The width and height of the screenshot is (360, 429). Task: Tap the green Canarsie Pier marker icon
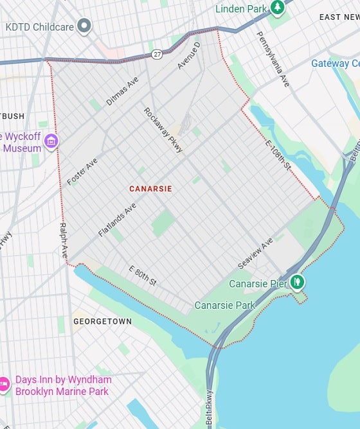pos(296,281)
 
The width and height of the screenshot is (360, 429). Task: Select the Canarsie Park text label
pos(224,305)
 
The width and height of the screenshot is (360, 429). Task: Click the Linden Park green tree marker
pos(277,8)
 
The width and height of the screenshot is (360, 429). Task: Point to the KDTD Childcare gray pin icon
pos(84,26)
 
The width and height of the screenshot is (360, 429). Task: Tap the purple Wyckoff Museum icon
pos(51,141)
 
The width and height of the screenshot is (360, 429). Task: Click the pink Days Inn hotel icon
pos(4,384)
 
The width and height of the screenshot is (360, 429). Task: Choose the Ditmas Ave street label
pos(122,91)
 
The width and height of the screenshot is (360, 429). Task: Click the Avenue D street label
pos(189,55)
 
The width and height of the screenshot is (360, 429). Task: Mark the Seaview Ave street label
pos(255,252)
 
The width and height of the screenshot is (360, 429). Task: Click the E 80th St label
pos(143,275)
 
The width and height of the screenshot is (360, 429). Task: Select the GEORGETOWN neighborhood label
pos(102,321)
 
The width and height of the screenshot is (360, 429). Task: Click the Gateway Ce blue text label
pos(335,63)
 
